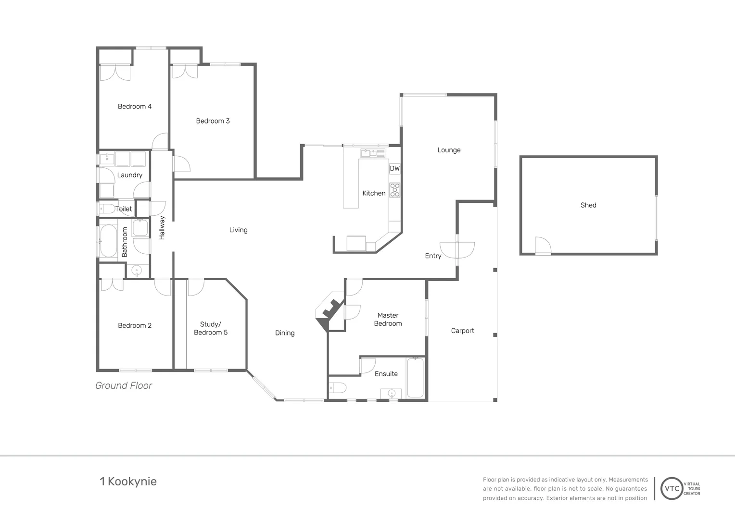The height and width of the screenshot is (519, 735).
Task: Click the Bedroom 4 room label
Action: coord(135,106)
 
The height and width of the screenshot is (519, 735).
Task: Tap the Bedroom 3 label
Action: coord(213,121)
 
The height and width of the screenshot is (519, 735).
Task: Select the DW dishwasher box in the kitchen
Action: coord(394,168)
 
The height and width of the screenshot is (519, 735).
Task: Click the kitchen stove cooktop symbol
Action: coord(394,190)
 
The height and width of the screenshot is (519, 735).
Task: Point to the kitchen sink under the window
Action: coord(373,153)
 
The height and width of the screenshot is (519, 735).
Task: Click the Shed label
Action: coord(588,205)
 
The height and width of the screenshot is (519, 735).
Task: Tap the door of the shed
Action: coord(543,246)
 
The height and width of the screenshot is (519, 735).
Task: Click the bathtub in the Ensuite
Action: coord(415,378)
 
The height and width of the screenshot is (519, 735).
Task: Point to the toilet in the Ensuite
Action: coord(338,387)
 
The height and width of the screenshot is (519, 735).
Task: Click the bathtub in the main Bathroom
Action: coord(108,241)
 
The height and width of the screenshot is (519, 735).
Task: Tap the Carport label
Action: coord(462,331)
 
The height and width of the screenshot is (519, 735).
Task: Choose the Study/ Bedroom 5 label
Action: coord(211,328)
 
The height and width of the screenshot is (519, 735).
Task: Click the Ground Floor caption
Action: coord(124,385)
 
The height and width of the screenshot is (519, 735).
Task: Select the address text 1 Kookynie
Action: coord(128,481)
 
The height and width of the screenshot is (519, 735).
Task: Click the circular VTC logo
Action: coord(672,488)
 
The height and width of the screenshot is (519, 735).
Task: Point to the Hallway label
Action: coord(162,227)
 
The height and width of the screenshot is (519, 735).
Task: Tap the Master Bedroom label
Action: coord(388,319)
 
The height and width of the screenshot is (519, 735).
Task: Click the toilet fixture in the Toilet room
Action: coord(107,209)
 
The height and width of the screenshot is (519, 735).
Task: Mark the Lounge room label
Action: coord(449,150)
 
